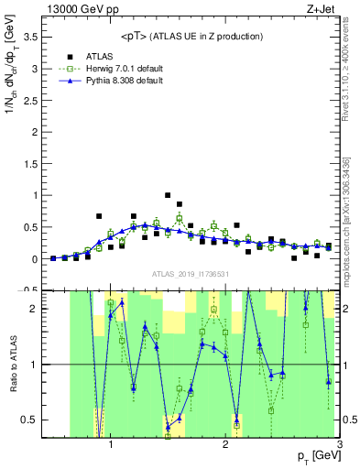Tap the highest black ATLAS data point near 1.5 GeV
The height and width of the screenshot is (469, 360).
168,195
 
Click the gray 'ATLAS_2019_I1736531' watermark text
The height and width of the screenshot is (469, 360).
190,274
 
